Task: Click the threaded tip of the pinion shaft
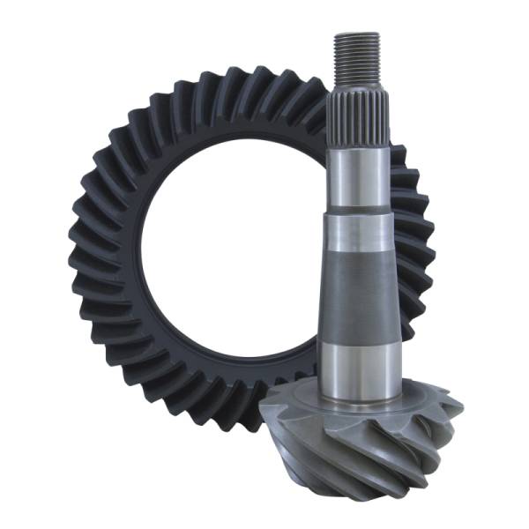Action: coord(357,53)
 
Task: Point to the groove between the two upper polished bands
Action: coord(359,214)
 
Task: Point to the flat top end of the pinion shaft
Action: coord(357,35)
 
